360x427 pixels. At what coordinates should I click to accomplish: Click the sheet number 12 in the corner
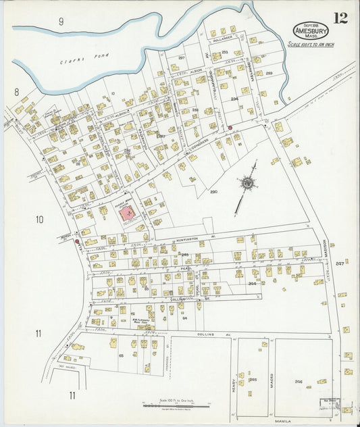click(340, 18)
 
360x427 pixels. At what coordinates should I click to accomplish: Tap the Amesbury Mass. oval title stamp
click(311, 30)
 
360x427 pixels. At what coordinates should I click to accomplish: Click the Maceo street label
click(272, 380)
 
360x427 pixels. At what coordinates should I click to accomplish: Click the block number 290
click(213, 192)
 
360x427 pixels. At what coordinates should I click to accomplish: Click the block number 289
click(269, 73)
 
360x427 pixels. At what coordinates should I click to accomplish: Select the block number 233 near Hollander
click(225, 52)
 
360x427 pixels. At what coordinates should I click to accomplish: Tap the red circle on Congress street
click(230, 127)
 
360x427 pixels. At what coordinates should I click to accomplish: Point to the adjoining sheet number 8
click(16, 91)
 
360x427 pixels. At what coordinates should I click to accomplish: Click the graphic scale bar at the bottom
click(176, 405)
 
